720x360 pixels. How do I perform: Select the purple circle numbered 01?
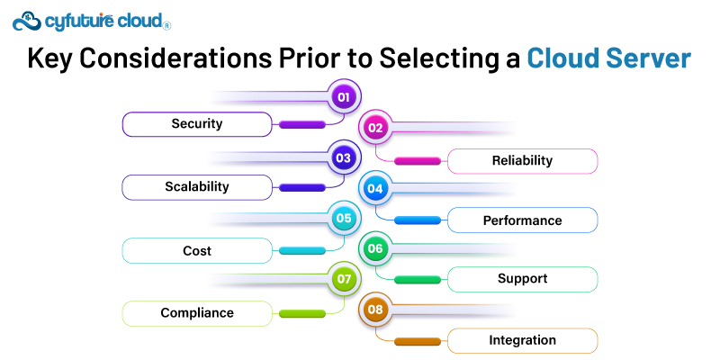(x=343, y=96)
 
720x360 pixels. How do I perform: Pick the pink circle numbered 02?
(x=375, y=128)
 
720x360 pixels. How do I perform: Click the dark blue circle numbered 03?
(x=343, y=157)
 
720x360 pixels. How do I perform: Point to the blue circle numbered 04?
(x=375, y=189)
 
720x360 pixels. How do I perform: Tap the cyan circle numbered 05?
(x=343, y=218)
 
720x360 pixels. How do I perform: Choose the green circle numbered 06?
(x=375, y=248)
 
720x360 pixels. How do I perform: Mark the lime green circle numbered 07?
(x=343, y=279)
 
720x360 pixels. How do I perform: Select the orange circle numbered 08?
(x=375, y=310)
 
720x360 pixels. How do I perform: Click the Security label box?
(x=197, y=124)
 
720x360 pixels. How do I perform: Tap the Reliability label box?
(x=522, y=161)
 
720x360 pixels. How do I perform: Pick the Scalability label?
(x=197, y=187)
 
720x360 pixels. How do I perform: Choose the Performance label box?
(x=522, y=220)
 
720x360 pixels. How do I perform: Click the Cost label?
(x=197, y=250)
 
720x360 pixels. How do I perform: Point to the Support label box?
(x=522, y=279)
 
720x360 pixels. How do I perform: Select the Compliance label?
(x=197, y=313)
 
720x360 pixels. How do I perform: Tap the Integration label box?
(x=522, y=340)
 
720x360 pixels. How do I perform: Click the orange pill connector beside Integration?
(x=418, y=341)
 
